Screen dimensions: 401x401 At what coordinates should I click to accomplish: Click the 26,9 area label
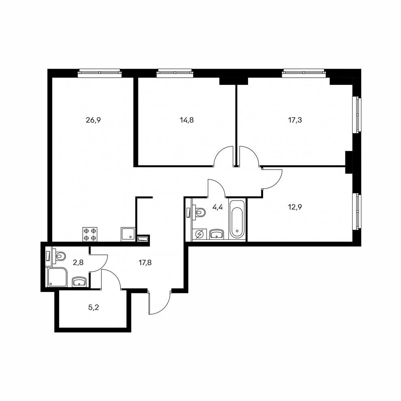(x=93, y=120)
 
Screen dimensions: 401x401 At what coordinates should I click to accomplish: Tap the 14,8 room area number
(x=187, y=120)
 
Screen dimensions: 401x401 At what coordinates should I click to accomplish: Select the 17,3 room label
(x=295, y=120)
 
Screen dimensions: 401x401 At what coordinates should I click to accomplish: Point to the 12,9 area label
(x=295, y=207)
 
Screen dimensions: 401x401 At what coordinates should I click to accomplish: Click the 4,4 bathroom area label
(x=218, y=207)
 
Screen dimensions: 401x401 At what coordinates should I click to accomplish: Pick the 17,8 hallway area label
(x=145, y=262)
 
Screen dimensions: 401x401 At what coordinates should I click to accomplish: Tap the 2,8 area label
(x=78, y=262)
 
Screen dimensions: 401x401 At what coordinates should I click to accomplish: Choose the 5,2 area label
(x=94, y=307)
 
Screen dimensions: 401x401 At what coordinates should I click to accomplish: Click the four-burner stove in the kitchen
(x=90, y=234)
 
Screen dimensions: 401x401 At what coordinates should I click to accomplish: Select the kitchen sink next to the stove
(x=127, y=234)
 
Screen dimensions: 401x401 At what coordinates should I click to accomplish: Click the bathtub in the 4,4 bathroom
(x=237, y=219)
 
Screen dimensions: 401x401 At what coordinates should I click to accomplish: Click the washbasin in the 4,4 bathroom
(x=217, y=234)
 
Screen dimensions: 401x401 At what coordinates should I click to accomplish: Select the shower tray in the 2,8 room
(x=57, y=278)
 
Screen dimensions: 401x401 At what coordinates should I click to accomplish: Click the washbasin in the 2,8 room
(x=80, y=282)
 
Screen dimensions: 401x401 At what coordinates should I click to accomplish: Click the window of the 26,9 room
(x=99, y=73)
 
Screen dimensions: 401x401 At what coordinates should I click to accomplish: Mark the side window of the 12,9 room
(x=357, y=211)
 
